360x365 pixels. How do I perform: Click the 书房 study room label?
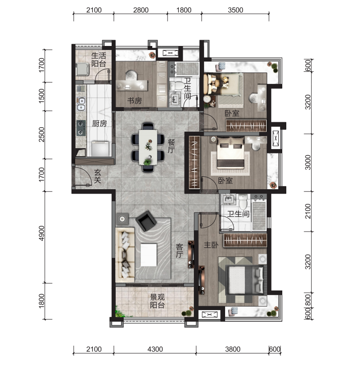(x=134, y=101)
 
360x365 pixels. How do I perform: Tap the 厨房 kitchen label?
(x=100, y=124)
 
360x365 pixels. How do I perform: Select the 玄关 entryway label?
(x=98, y=176)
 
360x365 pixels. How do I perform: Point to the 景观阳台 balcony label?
(x=157, y=301)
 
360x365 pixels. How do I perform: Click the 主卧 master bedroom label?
(x=211, y=245)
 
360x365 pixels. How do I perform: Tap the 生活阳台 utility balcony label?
(x=99, y=59)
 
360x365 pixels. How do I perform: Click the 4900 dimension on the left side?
(x=42, y=233)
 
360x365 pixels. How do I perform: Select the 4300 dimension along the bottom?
(x=155, y=349)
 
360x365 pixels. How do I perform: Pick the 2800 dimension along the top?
(x=141, y=10)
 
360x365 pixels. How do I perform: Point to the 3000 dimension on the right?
(x=308, y=162)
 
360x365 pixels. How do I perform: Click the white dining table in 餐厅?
(x=148, y=147)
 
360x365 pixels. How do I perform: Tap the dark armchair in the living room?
(x=146, y=221)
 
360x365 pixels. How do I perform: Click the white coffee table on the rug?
(x=149, y=255)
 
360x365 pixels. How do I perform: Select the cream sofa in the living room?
(x=125, y=255)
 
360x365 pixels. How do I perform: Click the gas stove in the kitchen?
(x=81, y=128)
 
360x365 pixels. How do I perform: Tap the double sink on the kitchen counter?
(x=81, y=104)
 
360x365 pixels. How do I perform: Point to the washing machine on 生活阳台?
(x=83, y=69)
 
